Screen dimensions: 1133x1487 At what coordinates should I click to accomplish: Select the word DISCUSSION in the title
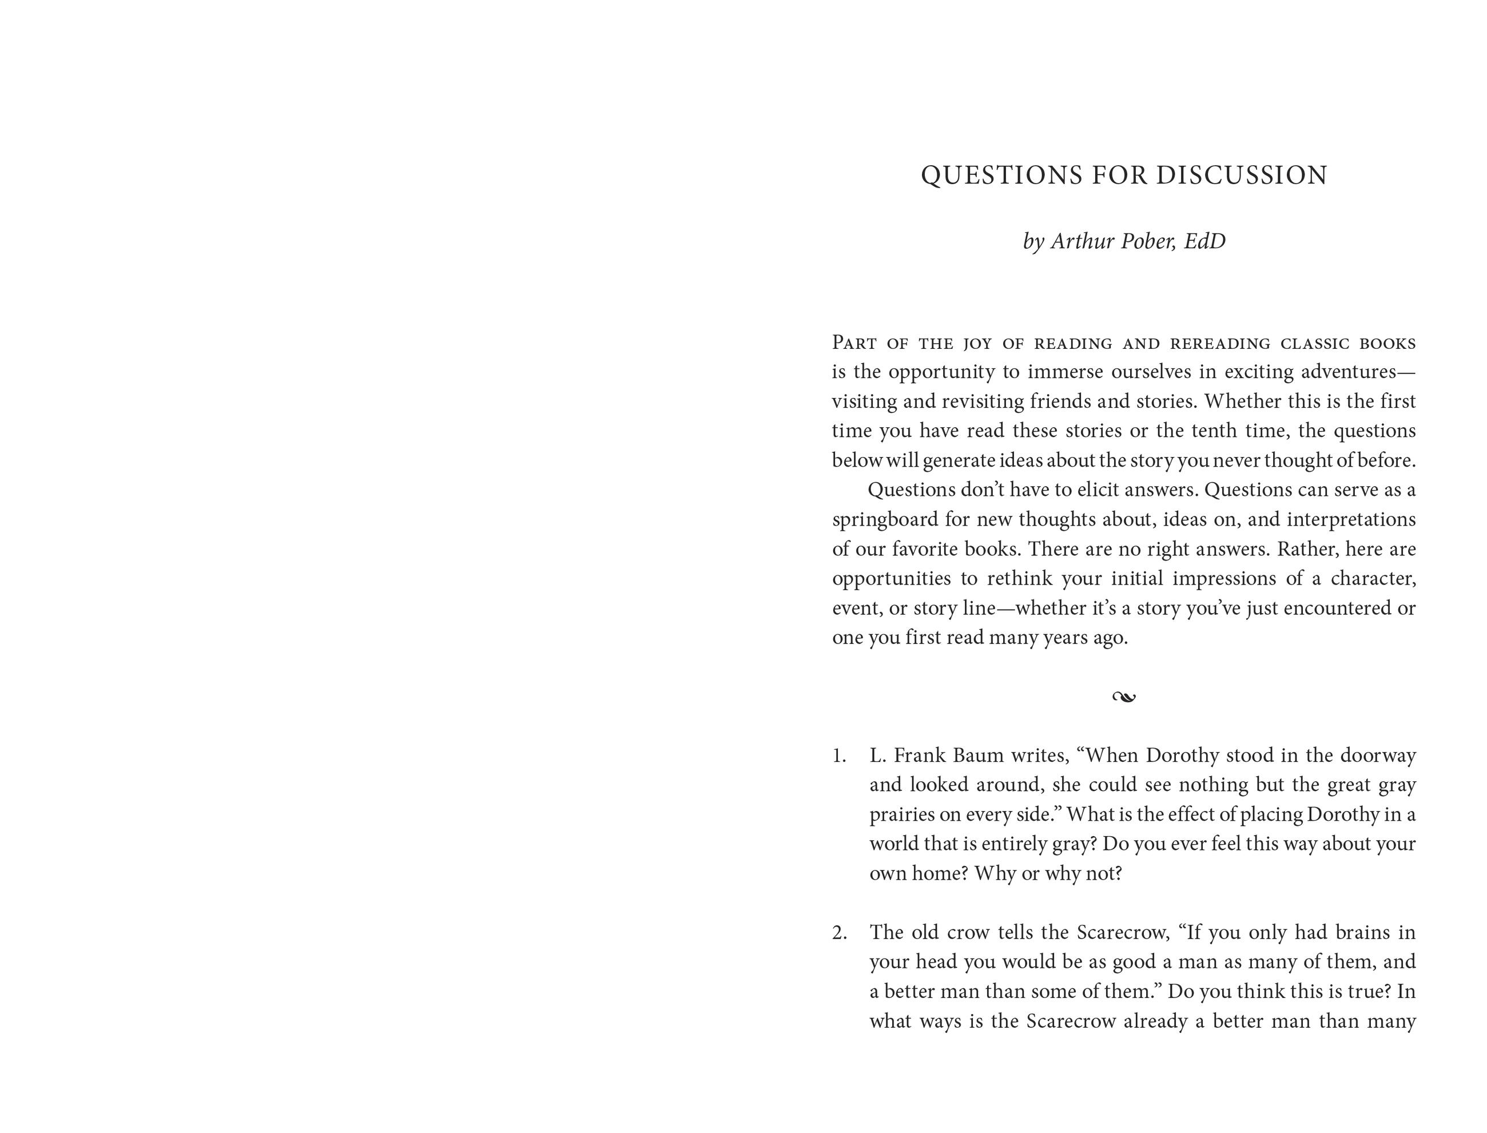pos(1242,176)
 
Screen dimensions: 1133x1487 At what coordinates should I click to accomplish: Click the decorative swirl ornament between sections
pos(1123,697)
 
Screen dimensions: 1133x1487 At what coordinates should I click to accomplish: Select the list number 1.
pos(838,756)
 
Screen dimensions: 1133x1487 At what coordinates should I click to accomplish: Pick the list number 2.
pos(839,933)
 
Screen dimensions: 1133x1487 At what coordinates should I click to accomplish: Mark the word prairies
pos(902,814)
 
